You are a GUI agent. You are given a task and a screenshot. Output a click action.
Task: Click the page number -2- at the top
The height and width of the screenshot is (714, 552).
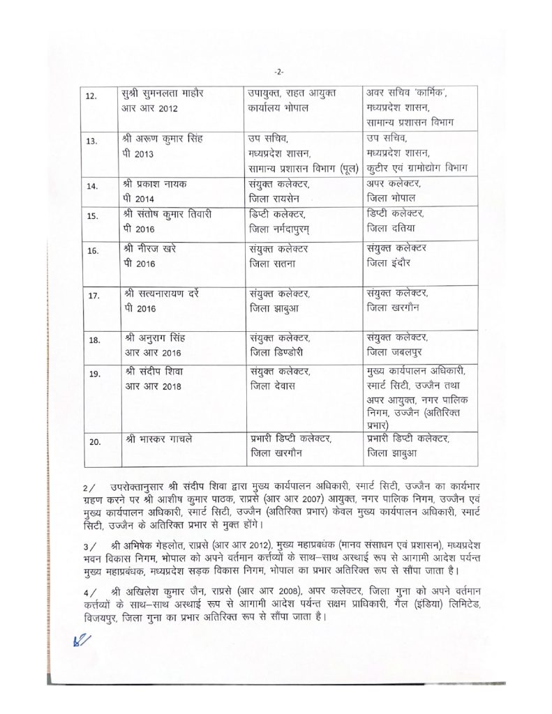tap(279, 73)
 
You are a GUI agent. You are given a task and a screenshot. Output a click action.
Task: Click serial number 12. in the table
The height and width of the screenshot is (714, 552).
tap(90, 96)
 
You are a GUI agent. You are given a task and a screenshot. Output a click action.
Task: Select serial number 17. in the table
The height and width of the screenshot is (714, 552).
tap(94, 296)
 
